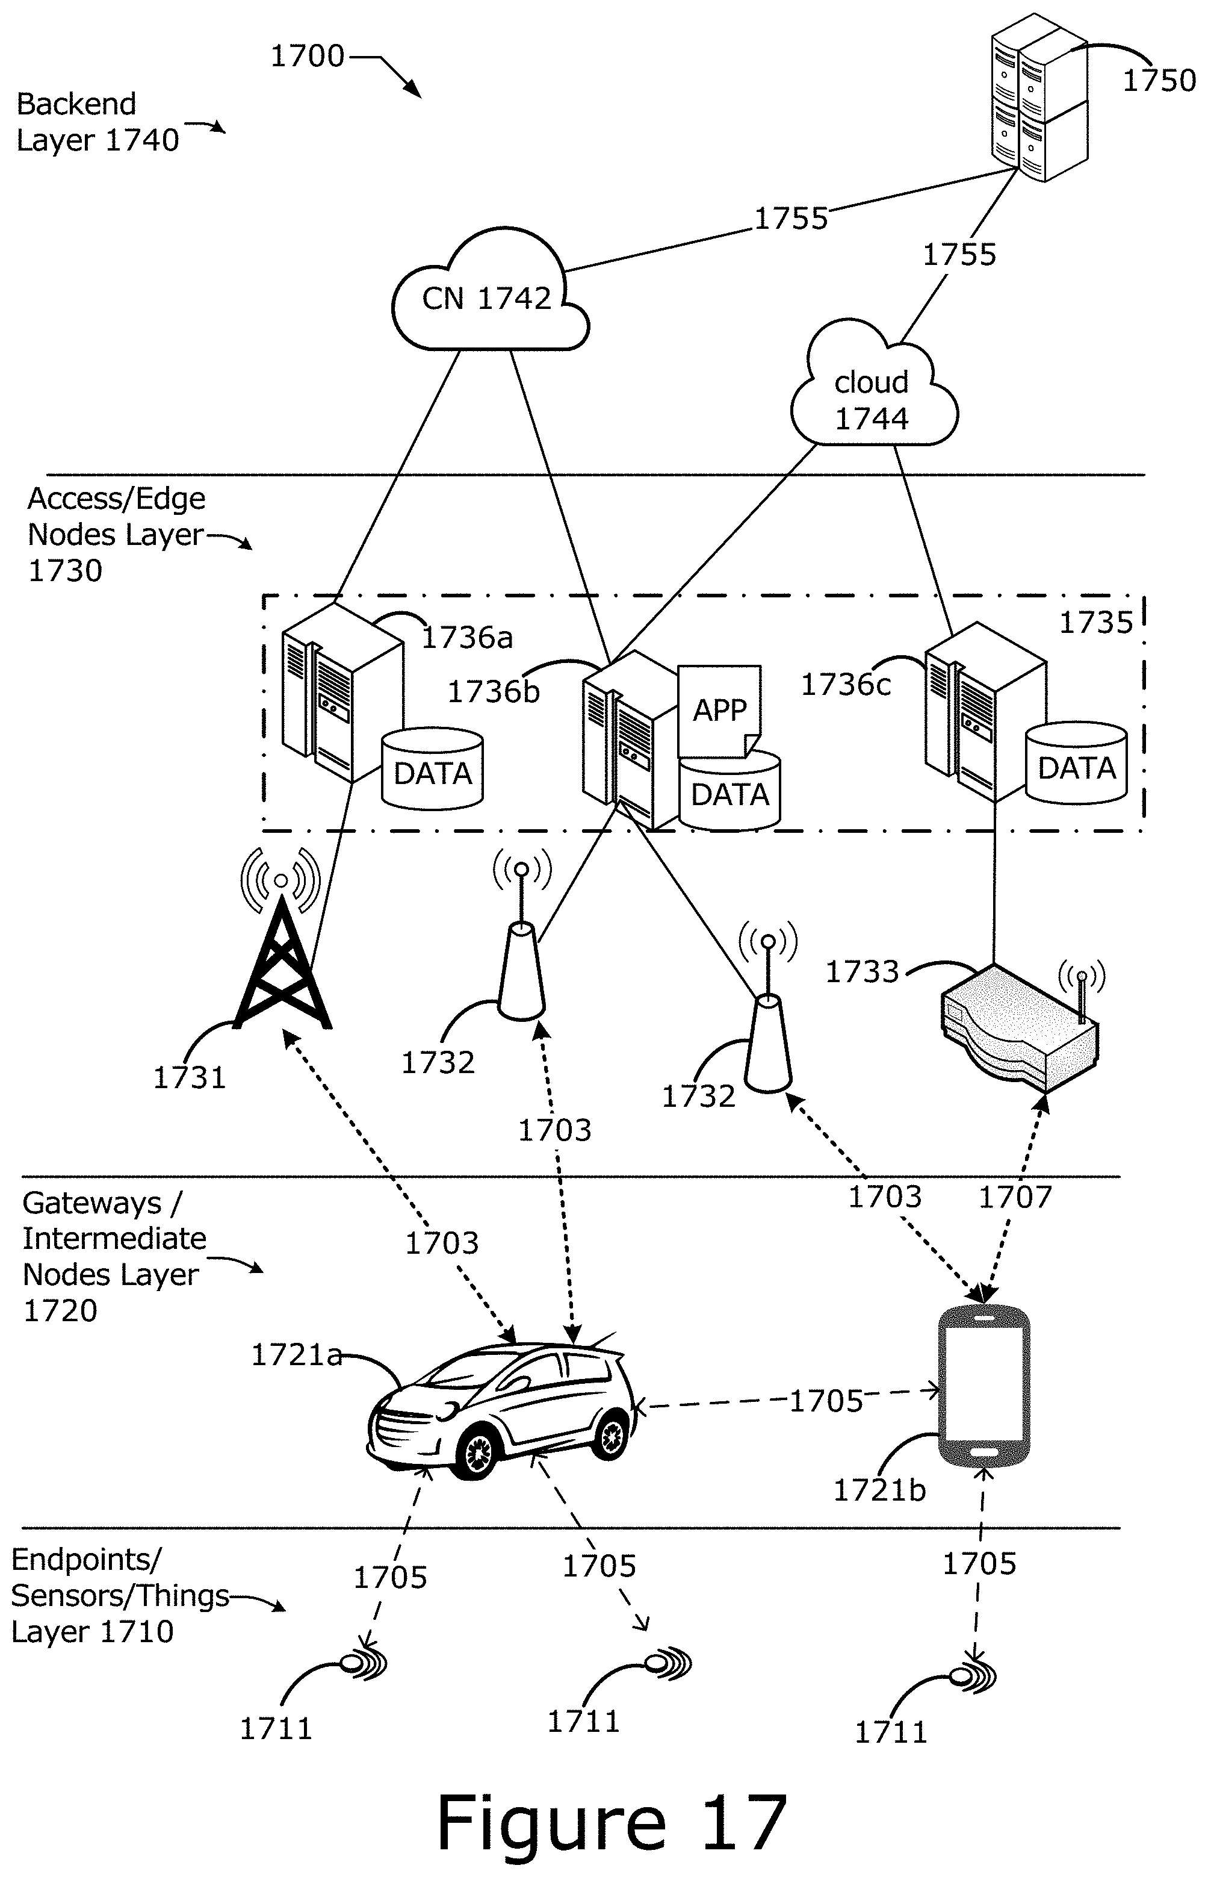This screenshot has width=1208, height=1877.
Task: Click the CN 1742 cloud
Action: [489, 294]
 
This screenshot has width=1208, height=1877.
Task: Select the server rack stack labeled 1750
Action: [1038, 98]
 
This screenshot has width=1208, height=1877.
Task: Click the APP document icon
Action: [719, 710]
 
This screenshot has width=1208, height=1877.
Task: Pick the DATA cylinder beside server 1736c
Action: [1076, 765]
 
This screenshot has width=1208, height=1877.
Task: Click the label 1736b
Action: [494, 692]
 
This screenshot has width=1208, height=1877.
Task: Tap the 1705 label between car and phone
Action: [825, 1401]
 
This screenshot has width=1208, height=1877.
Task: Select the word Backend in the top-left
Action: [76, 104]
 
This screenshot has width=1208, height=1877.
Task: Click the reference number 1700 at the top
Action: [307, 57]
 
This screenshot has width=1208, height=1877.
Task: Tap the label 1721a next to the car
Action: [296, 1355]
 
